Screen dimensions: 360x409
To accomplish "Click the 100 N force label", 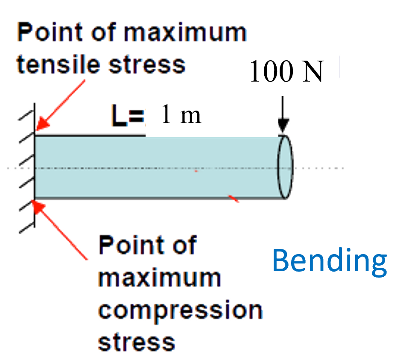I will [286, 70].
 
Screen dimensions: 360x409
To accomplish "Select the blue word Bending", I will [330, 260].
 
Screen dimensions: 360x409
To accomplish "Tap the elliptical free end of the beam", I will [285, 168].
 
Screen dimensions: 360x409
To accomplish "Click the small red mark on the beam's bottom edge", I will [234, 199].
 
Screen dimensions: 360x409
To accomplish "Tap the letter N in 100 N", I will [313, 71].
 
